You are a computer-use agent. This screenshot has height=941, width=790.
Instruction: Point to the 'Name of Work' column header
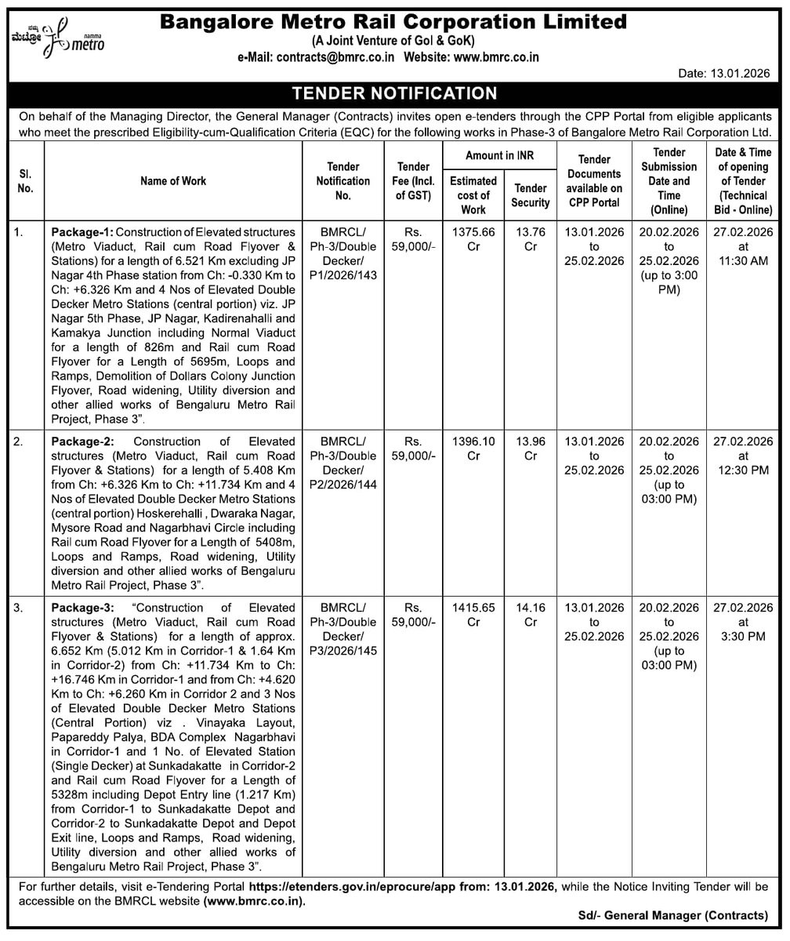pos(173,180)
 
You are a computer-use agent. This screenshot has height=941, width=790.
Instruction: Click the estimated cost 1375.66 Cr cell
pos(473,239)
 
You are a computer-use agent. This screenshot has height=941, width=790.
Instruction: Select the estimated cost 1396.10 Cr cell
pos(473,449)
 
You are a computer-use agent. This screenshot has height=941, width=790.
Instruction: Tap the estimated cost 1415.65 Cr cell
pos(473,615)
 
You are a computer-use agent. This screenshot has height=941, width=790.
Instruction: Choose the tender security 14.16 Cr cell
pos(531,615)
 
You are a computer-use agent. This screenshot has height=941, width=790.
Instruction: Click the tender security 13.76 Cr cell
pos(531,239)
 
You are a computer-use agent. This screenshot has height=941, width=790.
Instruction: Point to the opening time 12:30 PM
pos(743,470)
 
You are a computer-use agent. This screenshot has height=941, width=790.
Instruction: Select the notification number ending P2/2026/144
pos(342,485)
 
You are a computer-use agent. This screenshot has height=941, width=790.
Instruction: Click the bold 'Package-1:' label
pos(83,232)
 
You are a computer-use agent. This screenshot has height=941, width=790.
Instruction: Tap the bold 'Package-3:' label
pos(83,608)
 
